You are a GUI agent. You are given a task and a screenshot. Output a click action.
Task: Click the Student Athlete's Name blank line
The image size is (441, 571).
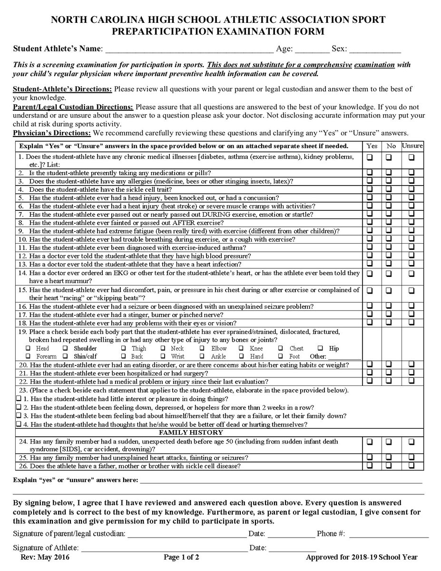[x=189, y=49]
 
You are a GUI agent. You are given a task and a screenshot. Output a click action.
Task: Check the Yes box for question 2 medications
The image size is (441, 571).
[x=369, y=173]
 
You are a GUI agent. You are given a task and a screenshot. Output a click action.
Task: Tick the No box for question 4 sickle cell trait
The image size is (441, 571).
[x=389, y=189]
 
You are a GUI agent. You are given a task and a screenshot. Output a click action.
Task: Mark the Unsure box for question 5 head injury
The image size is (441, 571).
[x=412, y=197]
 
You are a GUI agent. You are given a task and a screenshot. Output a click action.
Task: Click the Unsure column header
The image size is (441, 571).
[x=412, y=146]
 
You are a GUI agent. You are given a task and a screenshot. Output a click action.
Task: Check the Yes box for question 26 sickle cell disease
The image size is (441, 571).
[x=369, y=466]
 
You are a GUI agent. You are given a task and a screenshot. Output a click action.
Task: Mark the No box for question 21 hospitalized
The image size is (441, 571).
[x=389, y=373]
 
